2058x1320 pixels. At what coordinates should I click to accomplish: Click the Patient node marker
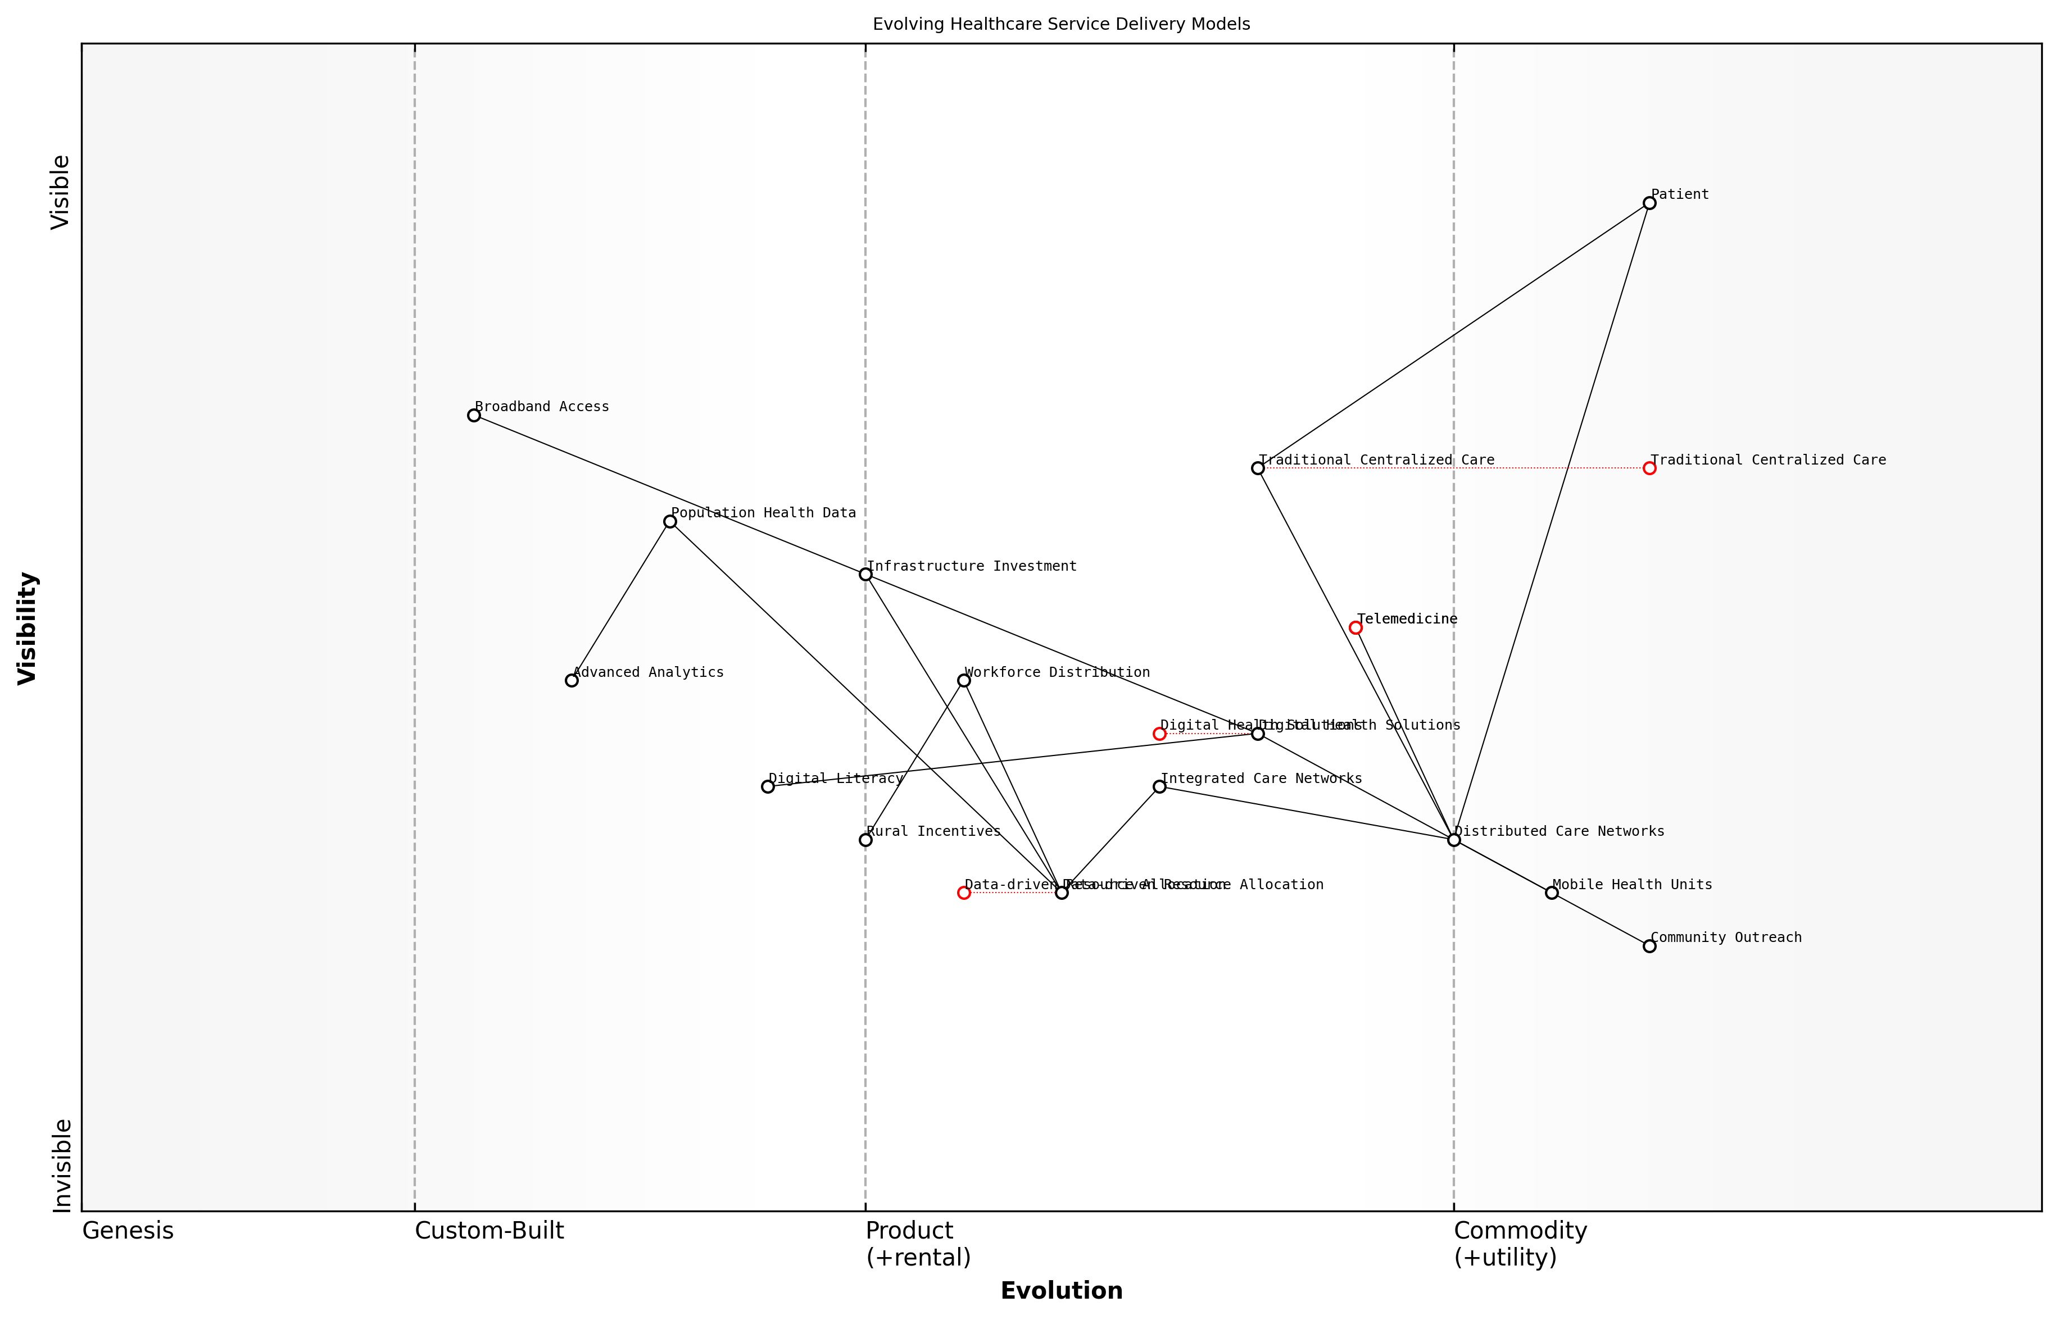coord(1649,203)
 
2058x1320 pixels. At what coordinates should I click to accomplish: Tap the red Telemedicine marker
coord(1356,627)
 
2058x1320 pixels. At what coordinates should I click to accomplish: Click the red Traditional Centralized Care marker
coord(1649,468)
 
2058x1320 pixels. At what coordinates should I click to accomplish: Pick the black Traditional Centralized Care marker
coord(1258,468)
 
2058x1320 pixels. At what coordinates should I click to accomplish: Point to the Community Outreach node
coord(1649,945)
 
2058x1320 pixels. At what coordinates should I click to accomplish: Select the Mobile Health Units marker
coord(1551,893)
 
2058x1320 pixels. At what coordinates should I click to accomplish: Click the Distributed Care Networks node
coord(1453,839)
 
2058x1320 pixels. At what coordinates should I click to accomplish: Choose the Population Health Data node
coord(670,521)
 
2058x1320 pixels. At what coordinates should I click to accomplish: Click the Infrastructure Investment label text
coord(972,566)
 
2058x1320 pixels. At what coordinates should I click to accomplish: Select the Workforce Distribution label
coord(1057,672)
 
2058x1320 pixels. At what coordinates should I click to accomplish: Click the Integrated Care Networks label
coord(1261,779)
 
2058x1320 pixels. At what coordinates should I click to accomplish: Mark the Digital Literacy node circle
coord(768,786)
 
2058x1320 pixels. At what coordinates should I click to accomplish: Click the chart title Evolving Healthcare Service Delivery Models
coord(1060,24)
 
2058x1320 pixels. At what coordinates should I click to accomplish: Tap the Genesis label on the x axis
coord(128,1231)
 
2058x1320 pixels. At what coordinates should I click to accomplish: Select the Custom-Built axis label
coord(489,1231)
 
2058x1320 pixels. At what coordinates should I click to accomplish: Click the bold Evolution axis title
coord(1060,1291)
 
